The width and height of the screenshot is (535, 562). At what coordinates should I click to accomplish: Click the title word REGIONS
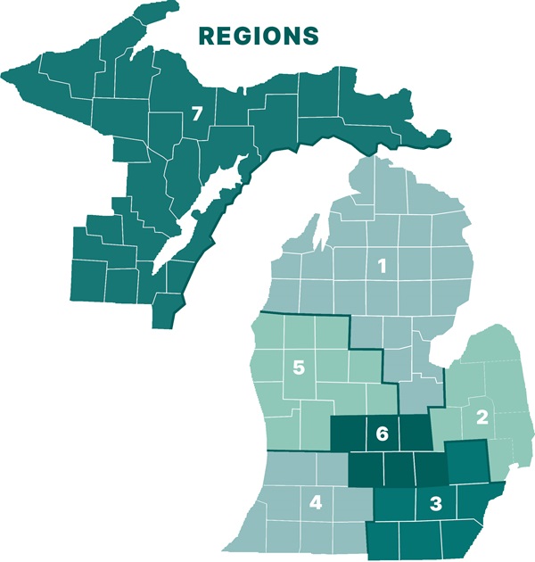coord(258,36)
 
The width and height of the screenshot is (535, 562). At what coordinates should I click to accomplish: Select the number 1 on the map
coord(382,265)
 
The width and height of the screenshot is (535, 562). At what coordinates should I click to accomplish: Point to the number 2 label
coord(482,416)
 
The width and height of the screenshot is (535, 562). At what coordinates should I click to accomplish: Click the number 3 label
coord(435,503)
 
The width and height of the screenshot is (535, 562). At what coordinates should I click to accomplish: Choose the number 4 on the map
coord(316,503)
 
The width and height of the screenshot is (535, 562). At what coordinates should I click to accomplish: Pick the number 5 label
coord(300,367)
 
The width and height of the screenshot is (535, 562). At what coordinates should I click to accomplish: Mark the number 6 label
coord(382,434)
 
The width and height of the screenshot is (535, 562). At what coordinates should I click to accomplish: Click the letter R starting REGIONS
coord(206,36)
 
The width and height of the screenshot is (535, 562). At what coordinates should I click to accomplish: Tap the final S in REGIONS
coord(310,36)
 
